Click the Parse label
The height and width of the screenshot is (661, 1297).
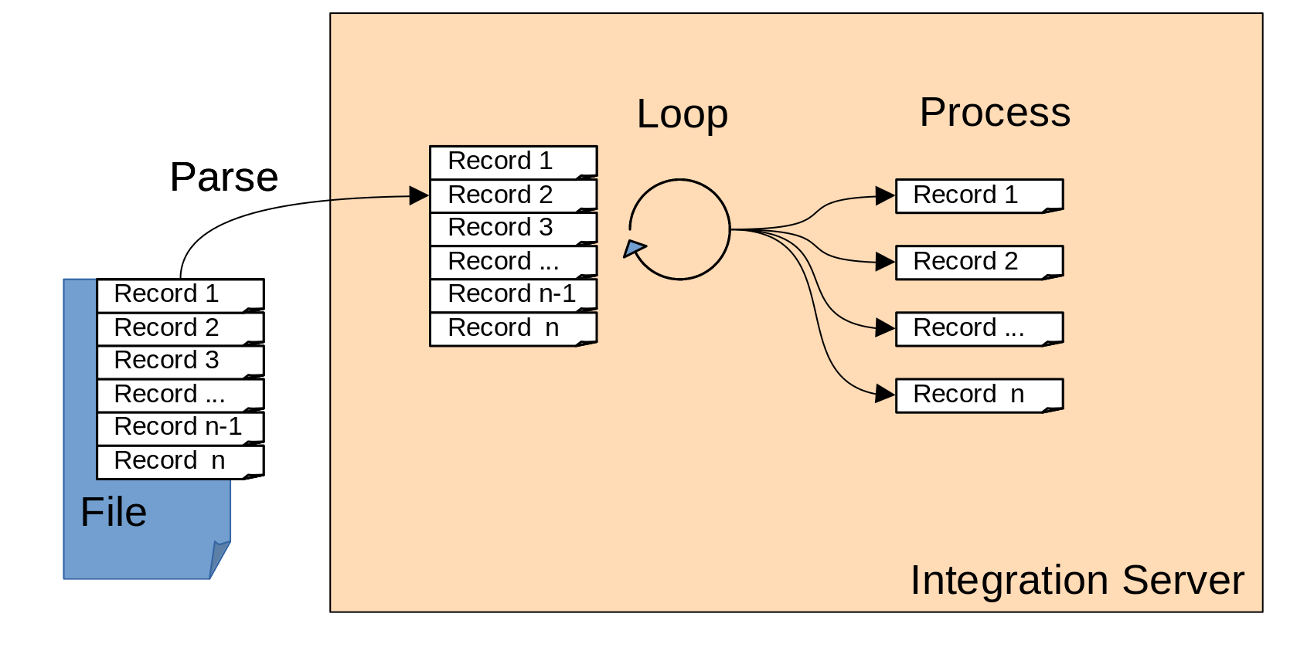224,178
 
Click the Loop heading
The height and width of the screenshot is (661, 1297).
682,114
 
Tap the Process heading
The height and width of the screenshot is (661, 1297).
995,113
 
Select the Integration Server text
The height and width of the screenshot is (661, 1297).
1077,580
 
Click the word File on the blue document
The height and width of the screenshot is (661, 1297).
114,512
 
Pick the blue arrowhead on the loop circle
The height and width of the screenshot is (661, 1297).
634,248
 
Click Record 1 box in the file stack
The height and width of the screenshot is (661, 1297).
180,295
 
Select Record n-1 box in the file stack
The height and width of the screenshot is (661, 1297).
180,428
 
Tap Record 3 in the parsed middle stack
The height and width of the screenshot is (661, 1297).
513,229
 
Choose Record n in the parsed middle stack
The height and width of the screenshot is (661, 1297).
513,329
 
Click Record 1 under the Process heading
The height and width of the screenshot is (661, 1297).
979,196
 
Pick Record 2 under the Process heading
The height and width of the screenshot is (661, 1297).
979,263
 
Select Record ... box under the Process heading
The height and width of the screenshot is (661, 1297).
979,329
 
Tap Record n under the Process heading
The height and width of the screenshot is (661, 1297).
979,395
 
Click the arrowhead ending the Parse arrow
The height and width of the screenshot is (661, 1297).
419,195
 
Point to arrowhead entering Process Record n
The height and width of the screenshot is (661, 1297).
885,394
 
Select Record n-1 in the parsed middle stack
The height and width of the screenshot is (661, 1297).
513,295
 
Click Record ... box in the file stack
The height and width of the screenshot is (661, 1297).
180,395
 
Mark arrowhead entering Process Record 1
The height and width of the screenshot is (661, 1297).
885,195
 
